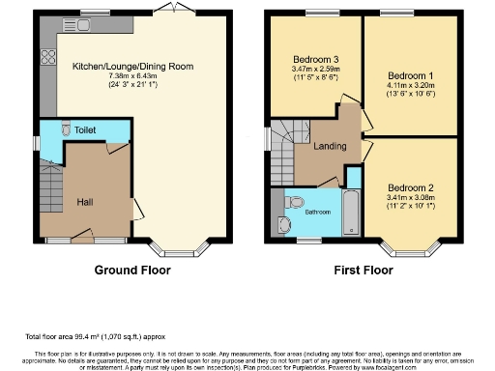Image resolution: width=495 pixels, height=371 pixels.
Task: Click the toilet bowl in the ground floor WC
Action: tap(65, 128)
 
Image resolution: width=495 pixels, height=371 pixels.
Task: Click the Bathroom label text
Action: tap(319, 212)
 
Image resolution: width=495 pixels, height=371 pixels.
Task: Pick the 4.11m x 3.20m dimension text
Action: tap(407, 85)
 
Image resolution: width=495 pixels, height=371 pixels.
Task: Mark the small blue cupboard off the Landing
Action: tap(352, 178)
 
